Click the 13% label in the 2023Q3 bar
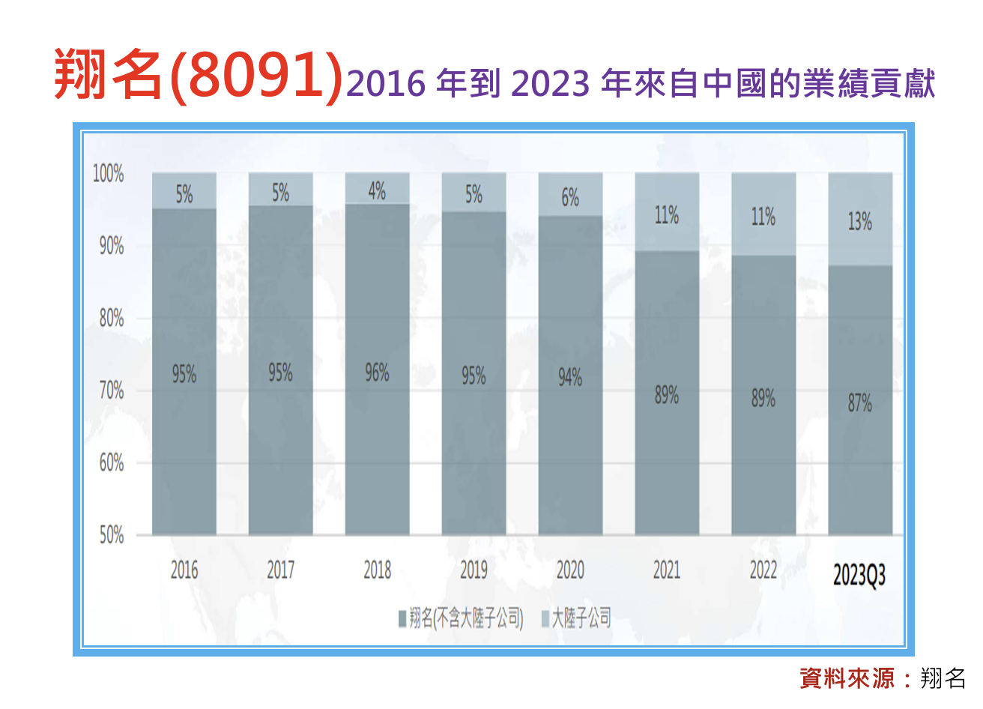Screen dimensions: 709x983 (859, 221)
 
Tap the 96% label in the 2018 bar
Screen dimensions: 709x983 (377, 372)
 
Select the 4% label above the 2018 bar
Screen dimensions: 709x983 (377, 191)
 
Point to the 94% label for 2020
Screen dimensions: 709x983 (570, 377)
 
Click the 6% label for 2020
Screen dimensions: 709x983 (570, 197)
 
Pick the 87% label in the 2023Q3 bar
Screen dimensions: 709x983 (859, 403)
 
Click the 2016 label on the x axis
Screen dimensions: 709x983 (184, 570)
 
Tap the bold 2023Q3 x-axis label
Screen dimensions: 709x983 (859, 576)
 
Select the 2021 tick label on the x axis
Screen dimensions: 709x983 (667, 570)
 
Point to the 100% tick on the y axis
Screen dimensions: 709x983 (108, 174)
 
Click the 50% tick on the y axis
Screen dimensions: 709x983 (111, 535)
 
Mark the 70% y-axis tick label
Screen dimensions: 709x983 (111, 390)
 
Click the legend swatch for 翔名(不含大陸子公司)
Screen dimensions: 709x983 (402, 619)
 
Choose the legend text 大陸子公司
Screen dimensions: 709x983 (581, 618)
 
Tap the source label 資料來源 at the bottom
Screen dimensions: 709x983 (847, 678)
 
